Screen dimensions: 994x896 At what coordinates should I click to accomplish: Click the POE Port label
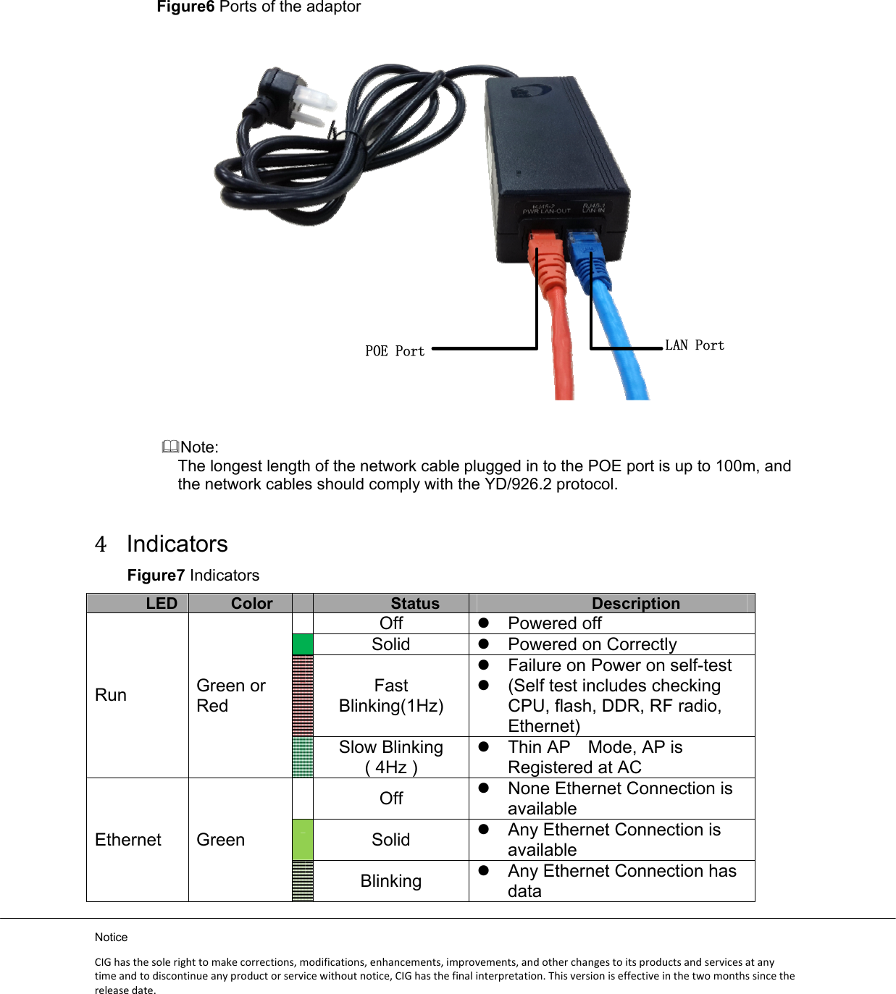coord(395,351)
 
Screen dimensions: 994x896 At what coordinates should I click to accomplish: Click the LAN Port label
coord(695,345)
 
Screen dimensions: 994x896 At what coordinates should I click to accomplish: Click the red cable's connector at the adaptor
coord(545,250)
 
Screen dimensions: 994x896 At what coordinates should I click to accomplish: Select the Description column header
coord(635,603)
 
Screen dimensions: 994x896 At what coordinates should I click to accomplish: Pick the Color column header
coord(251,603)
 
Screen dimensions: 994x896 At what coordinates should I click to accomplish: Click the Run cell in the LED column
coord(111,695)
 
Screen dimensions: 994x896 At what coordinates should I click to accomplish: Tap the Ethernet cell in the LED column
coord(128,840)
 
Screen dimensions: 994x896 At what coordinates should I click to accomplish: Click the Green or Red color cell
coord(231,695)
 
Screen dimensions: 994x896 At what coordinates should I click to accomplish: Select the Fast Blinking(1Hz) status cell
coord(391,695)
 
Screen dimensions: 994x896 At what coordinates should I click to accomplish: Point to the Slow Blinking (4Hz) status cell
coord(391,757)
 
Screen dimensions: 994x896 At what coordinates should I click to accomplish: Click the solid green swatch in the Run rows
coord(303,644)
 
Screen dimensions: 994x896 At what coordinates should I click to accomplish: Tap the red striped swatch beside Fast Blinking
coord(303,696)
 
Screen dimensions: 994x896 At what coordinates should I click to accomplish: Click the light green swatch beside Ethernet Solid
coord(303,840)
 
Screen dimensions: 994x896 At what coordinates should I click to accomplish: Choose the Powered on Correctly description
coord(592,644)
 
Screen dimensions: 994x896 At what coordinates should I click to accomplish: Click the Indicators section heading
coord(177,544)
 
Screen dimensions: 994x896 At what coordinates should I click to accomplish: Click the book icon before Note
coord(170,447)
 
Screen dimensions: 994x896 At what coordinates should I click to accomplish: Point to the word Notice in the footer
coord(111,937)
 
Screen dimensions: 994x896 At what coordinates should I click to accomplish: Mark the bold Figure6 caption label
coord(185,7)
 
